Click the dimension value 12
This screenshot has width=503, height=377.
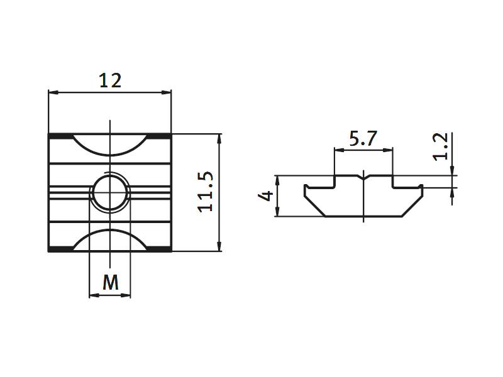click(110, 80)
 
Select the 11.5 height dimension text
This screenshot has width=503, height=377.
click(207, 192)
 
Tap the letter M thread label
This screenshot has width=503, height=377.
click(111, 283)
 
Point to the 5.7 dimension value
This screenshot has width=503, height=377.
click(363, 139)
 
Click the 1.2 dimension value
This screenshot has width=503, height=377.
click(442, 146)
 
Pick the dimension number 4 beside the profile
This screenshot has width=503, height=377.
click(266, 196)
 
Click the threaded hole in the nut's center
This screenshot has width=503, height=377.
click(111, 192)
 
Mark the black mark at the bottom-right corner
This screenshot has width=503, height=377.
click(160, 249)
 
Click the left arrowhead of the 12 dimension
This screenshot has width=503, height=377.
click(53, 93)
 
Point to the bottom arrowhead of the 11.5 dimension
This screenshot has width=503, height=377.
click(219, 247)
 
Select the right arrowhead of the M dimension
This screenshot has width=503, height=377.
click(128, 295)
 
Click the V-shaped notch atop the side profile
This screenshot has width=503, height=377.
click(363, 177)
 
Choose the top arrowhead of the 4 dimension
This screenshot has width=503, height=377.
click(276, 179)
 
